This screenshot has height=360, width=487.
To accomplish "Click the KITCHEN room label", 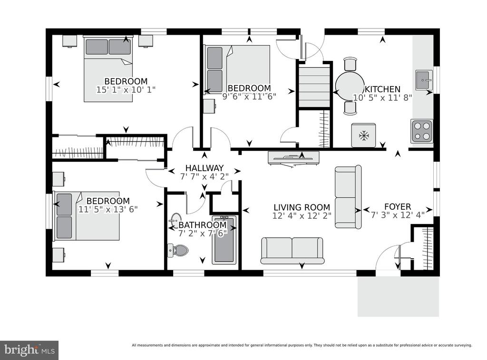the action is [x=383, y=89].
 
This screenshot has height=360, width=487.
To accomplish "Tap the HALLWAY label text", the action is [x=205, y=168].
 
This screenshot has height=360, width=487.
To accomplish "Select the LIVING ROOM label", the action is [x=302, y=207].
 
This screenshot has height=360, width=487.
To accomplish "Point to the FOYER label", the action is [x=398, y=206].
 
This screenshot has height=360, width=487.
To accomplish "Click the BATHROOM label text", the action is [x=203, y=225].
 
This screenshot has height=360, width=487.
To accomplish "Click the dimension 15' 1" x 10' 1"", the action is [x=126, y=90].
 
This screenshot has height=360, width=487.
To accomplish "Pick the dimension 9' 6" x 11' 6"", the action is [x=249, y=96].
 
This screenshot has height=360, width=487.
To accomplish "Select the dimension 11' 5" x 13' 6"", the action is [x=108, y=209].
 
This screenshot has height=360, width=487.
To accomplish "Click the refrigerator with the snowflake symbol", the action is [x=363, y=136].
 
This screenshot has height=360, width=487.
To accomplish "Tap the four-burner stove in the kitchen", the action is [x=422, y=131].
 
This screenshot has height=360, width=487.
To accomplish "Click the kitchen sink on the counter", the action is [x=424, y=80].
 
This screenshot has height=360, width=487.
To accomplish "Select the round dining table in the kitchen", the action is [x=350, y=86].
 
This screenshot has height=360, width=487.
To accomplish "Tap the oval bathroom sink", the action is [x=176, y=220].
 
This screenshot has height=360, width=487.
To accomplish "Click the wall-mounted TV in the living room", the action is [x=293, y=157].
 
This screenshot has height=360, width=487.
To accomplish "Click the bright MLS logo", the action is [x=29, y=350].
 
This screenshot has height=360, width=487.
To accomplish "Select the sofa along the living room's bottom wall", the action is [x=292, y=251].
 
